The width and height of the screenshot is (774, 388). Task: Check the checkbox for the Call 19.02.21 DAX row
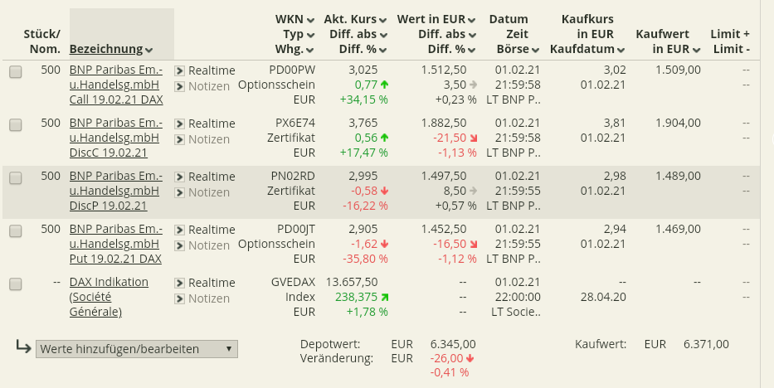point(16,72)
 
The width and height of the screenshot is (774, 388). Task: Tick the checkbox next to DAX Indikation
point(16,284)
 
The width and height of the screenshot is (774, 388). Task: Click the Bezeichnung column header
point(111,49)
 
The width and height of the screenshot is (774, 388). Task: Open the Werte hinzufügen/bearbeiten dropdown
point(138,349)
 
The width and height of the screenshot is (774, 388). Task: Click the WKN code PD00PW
point(295,70)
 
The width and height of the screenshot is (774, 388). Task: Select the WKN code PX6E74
point(295,123)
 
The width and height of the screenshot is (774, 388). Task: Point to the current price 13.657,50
point(353,282)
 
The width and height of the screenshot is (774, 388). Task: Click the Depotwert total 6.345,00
point(453,344)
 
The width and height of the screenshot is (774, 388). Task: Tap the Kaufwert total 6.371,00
point(706,344)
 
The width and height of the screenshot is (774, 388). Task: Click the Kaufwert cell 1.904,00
point(678,123)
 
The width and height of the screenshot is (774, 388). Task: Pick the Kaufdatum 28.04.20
point(603,298)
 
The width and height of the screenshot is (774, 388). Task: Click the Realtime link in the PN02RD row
point(212,177)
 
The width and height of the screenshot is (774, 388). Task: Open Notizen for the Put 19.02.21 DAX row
point(208,245)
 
